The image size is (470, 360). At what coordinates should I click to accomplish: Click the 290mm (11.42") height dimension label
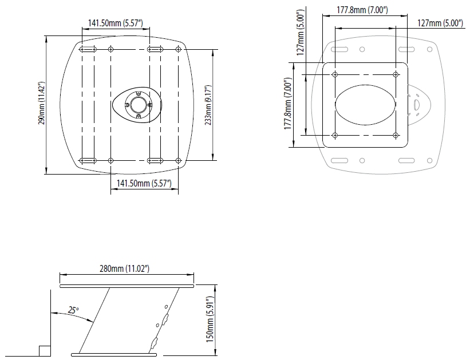click(x=41, y=103)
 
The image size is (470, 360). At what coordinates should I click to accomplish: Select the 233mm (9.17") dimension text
click(x=208, y=105)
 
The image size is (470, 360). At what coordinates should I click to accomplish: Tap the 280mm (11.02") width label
click(x=124, y=268)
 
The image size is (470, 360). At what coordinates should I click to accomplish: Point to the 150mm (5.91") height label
click(x=210, y=319)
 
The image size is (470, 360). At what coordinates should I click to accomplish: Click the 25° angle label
click(x=73, y=310)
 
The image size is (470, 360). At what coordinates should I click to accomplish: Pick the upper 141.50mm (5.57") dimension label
click(x=116, y=23)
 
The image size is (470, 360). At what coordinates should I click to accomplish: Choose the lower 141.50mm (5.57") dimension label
click(x=144, y=183)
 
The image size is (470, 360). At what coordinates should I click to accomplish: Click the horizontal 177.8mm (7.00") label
click(x=362, y=10)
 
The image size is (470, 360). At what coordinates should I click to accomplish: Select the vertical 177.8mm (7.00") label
click(x=288, y=104)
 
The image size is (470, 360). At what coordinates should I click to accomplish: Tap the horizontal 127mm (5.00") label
click(x=440, y=23)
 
